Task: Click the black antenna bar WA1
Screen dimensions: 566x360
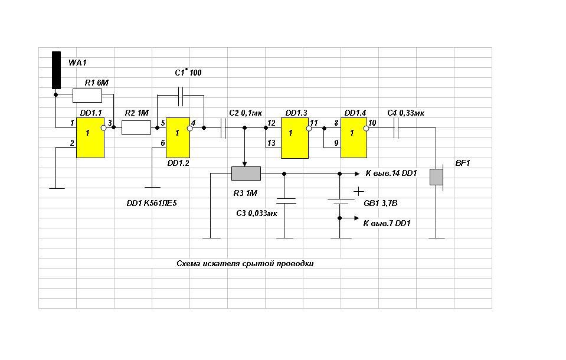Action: tap(56, 70)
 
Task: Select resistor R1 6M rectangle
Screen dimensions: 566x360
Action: tap(87, 96)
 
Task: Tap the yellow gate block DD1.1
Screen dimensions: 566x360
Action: tap(90, 138)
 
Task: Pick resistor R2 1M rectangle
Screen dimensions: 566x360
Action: tap(136, 127)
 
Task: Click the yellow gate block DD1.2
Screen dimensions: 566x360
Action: tap(178, 138)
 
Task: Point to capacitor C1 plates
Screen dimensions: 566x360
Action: tap(181, 96)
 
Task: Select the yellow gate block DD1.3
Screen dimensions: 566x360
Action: tap(295, 138)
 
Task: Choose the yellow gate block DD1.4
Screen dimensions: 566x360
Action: tap(354, 138)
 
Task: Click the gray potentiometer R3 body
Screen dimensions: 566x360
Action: tap(246, 174)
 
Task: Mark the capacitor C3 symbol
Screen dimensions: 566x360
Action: tap(286, 201)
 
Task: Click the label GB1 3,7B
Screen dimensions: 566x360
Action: tap(381, 203)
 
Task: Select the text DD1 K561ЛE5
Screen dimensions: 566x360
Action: tap(152, 203)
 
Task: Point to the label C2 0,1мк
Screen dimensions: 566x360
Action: tap(246, 113)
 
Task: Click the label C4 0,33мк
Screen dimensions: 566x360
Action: tap(405, 113)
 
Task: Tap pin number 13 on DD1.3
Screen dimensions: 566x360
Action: tap(271, 143)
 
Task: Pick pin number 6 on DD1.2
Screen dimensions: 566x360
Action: tap(163, 143)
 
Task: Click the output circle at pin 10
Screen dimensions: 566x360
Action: tap(367, 128)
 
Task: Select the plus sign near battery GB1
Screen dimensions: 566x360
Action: tap(358, 191)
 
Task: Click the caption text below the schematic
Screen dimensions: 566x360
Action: tap(245, 264)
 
